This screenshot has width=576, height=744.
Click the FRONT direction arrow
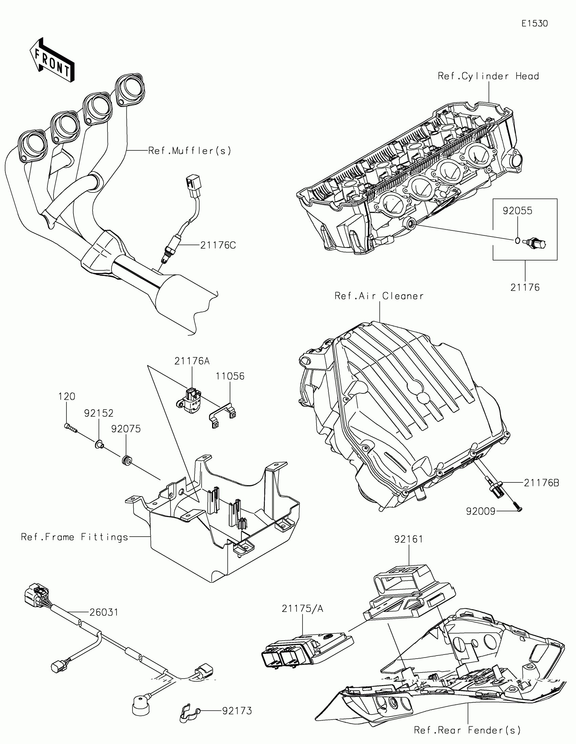[52, 61]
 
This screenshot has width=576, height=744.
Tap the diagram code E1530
[534, 23]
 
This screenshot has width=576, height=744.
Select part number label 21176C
[218, 245]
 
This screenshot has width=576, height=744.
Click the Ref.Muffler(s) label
[190, 150]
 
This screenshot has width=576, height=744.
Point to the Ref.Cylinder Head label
[488, 76]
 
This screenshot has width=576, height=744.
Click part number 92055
[517, 211]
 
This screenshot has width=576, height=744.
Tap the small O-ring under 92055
[517, 241]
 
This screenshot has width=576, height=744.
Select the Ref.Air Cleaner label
[379, 296]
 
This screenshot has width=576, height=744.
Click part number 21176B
[541, 483]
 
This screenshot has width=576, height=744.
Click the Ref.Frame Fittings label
[75, 537]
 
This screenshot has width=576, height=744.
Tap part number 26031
[104, 613]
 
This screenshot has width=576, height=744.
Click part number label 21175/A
[302, 608]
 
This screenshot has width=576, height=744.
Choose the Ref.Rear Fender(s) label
[467, 730]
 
